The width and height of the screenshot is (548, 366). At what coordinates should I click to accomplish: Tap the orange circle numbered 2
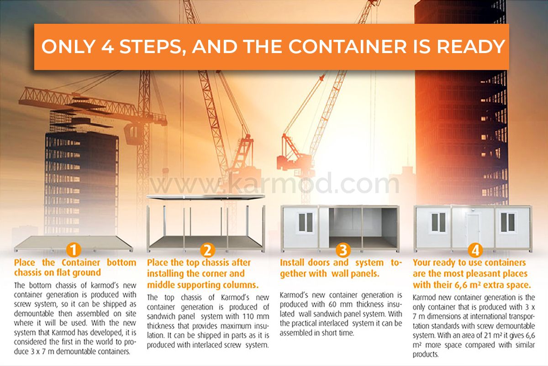point(207,250)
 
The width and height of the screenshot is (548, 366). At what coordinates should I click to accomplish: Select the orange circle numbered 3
point(343,250)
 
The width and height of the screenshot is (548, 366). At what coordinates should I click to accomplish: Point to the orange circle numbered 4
point(475,251)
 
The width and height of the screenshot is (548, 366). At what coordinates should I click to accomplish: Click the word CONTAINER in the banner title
point(348,47)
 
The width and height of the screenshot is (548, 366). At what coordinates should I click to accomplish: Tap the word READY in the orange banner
point(471,47)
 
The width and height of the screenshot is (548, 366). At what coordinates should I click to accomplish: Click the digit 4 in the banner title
point(108,47)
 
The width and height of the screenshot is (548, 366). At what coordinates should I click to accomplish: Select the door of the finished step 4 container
point(473,229)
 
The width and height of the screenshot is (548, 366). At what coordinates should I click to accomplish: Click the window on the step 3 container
point(306,223)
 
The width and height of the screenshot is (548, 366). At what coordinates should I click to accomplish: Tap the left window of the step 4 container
point(438,222)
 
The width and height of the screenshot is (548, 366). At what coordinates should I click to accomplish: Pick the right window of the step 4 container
point(508,222)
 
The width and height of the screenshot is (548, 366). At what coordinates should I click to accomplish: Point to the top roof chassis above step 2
point(205,197)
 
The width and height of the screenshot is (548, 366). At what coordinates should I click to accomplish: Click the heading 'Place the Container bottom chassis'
point(75,268)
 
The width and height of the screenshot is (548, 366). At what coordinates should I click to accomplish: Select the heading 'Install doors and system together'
point(341,268)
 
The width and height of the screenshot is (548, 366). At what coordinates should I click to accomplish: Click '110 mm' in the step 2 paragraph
point(256,317)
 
